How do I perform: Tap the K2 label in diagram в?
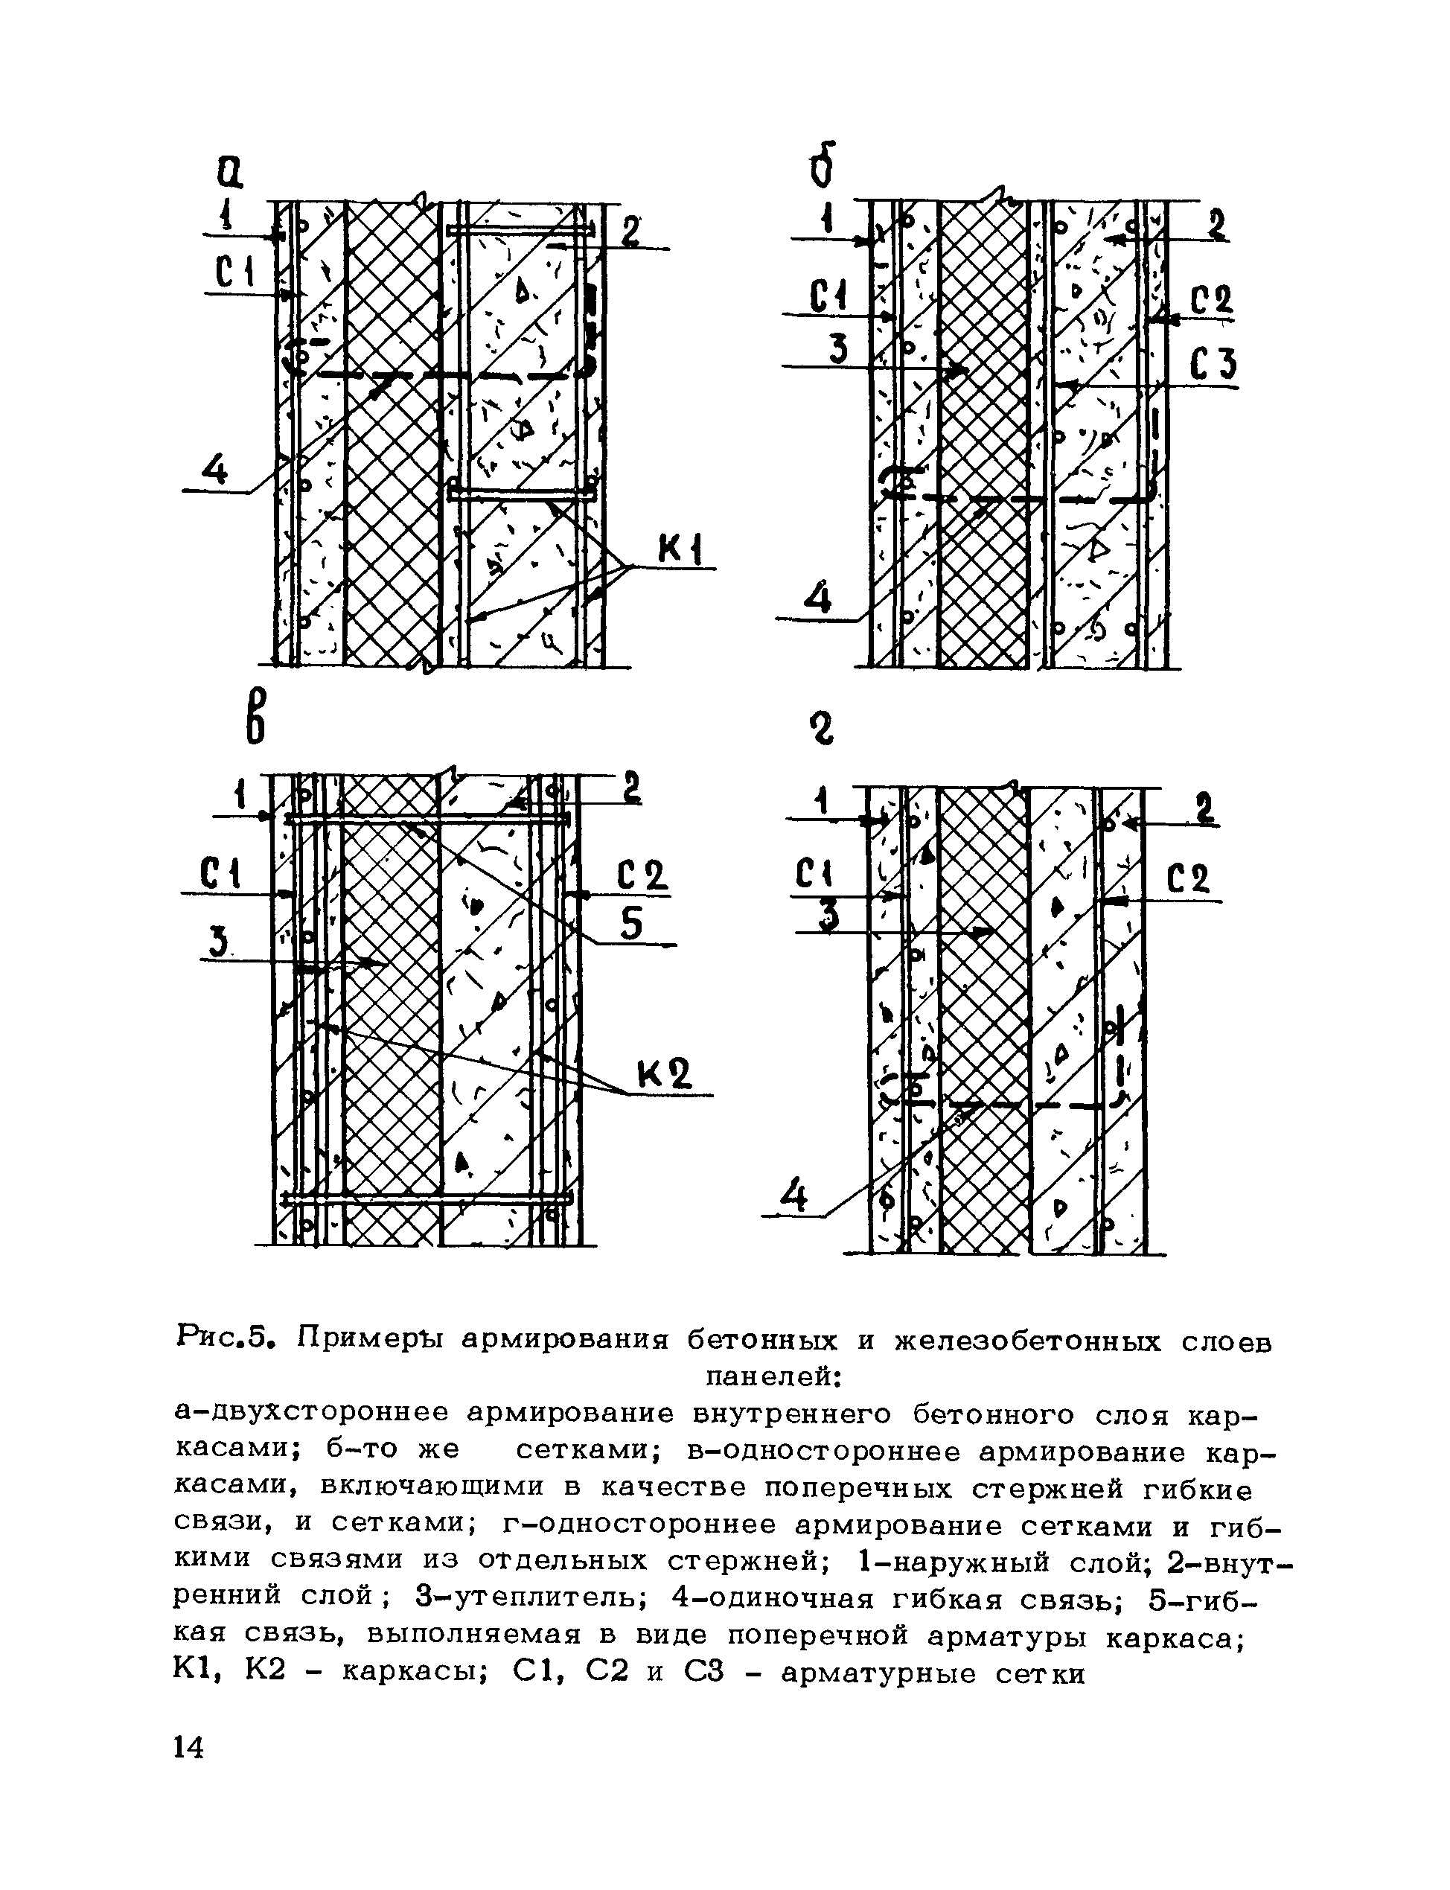point(664,1076)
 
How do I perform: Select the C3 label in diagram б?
point(1213,364)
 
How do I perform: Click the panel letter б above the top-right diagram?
point(822,165)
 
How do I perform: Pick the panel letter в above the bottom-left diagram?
point(255,716)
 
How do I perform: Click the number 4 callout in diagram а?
point(215,470)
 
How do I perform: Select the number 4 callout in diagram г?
point(792,1196)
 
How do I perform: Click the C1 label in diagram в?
point(220,875)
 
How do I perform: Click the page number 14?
point(189,1749)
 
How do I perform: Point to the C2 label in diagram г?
point(1189,881)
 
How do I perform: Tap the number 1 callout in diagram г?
point(822,802)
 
